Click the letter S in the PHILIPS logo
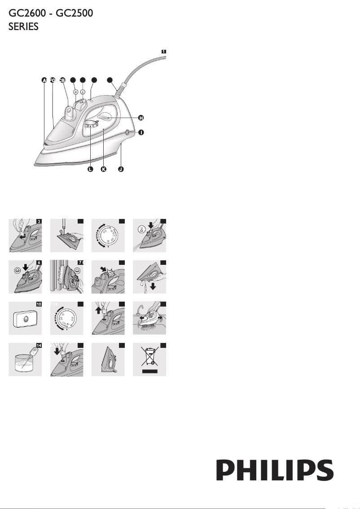[x=324, y=470]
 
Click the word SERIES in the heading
[x=24, y=27]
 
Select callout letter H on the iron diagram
[x=141, y=118]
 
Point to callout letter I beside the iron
[x=141, y=133]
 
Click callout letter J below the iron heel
[x=121, y=169]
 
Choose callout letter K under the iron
[x=104, y=169]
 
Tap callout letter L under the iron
[x=90, y=169]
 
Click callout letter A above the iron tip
[x=44, y=80]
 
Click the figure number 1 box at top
[x=164, y=52]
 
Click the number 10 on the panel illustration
[x=39, y=304]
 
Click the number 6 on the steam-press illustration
[x=39, y=263]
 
